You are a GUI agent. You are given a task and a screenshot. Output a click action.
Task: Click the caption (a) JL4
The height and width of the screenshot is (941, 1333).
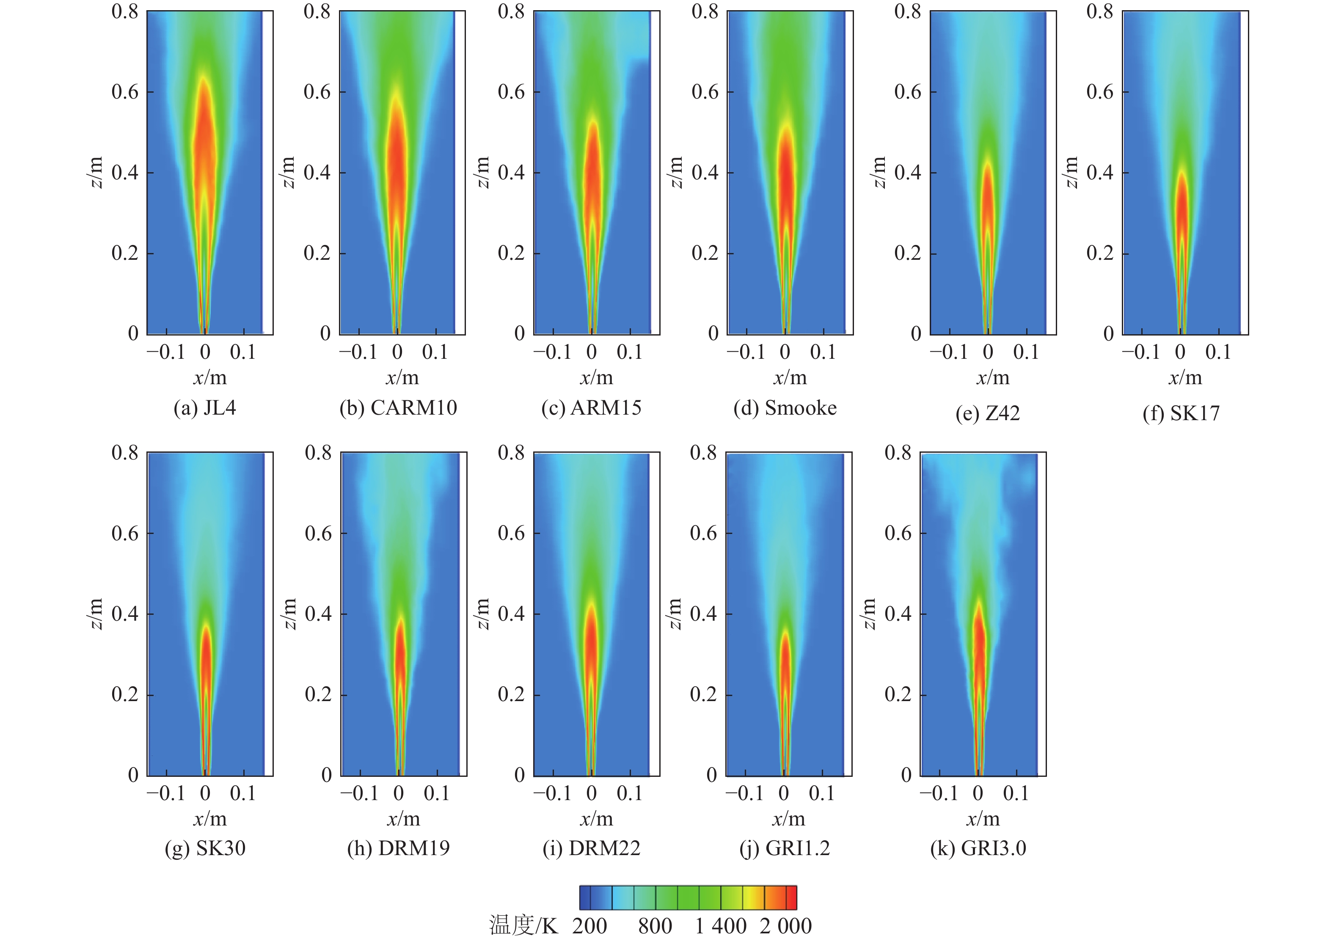pos(204,408)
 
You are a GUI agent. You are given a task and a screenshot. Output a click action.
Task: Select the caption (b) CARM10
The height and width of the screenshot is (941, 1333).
pos(398,408)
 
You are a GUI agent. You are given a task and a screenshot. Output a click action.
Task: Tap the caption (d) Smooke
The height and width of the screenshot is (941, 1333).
pos(785,408)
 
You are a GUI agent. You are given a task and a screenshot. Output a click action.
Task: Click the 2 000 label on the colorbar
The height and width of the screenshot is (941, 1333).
pos(785,926)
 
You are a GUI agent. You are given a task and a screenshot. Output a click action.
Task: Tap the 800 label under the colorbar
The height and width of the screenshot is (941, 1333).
pos(655,926)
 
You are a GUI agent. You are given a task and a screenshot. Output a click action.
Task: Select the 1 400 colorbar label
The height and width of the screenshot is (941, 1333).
pos(721,926)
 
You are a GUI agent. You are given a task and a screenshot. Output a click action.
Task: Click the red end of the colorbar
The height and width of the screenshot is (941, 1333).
pos(791,897)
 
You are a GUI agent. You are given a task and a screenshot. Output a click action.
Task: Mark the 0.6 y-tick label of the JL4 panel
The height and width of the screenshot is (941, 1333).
pos(125,92)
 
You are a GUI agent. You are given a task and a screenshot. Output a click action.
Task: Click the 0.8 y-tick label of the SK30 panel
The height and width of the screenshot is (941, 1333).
pos(125,452)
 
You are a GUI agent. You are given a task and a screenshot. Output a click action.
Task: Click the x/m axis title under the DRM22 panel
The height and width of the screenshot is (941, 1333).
pos(596,819)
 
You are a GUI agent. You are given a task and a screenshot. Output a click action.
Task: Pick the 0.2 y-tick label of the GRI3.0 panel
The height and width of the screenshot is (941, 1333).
pos(898,694)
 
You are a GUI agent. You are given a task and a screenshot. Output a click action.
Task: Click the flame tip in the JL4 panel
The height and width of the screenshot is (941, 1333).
pos(204,77)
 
